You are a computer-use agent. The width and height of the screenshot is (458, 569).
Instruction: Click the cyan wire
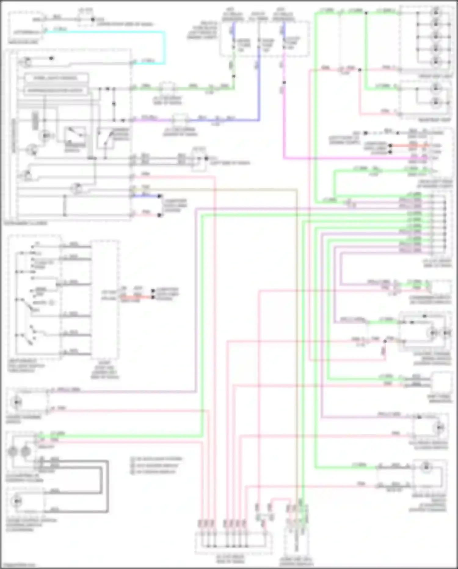165,46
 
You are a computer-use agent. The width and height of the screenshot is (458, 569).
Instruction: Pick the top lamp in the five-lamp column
436,13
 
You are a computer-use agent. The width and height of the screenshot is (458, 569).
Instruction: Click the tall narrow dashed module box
105,300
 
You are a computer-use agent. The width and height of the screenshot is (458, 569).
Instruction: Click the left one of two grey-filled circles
13,451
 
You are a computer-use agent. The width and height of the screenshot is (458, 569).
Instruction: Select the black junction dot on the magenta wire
284,83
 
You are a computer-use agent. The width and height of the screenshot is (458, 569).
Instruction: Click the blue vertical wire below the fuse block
259,92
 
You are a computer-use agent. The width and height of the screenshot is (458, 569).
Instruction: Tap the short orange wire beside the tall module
137,297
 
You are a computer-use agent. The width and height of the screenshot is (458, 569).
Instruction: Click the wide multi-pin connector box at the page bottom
234,543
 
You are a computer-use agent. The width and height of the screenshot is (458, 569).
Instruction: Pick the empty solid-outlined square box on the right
441,382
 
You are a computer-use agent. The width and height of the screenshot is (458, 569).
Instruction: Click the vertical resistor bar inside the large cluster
35,121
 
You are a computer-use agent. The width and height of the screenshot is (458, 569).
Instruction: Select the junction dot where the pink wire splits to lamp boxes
360,70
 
